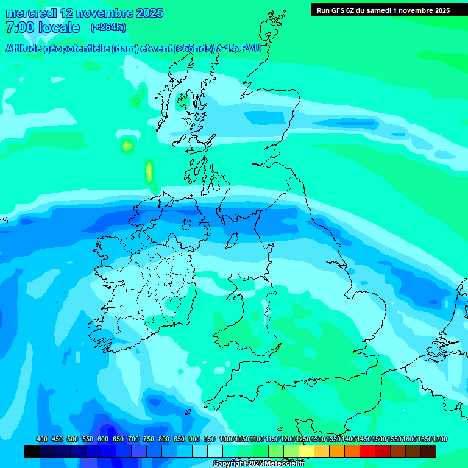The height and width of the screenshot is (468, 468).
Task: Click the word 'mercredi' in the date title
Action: (x=31, y=13)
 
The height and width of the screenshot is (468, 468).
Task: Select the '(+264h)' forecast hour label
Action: (x=108, y=27)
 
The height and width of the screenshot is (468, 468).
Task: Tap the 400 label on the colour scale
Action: (x=42, y=439)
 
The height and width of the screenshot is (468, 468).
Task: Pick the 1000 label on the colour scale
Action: (x=227, y=439)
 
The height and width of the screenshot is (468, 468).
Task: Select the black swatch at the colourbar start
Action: (x=32, y=451)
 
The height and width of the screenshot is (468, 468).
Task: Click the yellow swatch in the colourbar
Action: (x=307, y=451)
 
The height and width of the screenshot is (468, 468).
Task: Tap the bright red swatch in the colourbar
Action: (x=367, y=451)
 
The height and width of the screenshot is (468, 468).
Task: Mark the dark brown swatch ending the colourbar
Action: (x=428, y=451)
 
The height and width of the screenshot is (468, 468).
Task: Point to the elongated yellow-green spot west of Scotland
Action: (x=149, y=172)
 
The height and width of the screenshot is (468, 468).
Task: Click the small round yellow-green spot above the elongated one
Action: (x=127, y=146)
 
